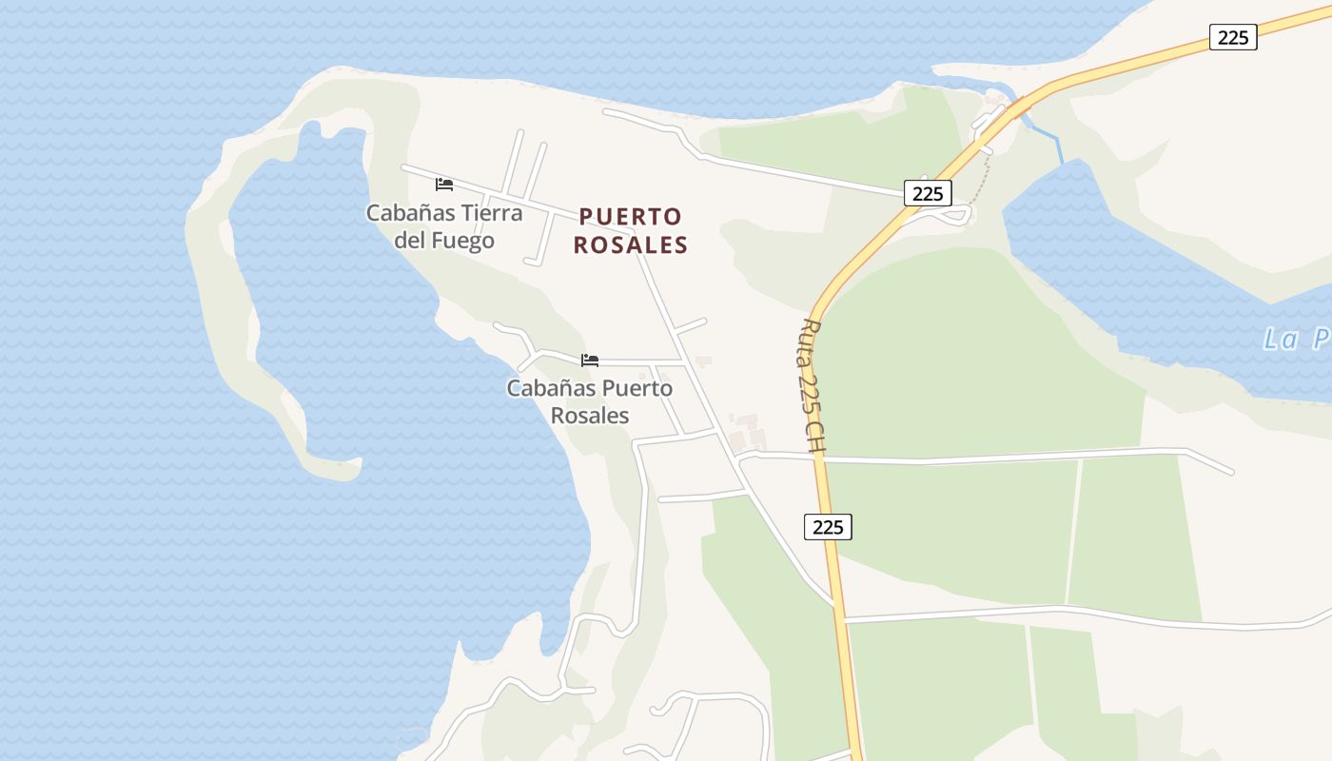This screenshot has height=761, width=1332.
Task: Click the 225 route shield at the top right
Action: point(1233,37)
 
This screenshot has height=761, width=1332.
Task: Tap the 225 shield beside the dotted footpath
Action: point(927,193)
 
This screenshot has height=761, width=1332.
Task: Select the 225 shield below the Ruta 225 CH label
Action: point(828,526)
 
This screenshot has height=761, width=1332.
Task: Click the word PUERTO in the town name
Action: point(630,217)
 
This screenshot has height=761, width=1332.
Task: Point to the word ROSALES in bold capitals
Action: point(630,244)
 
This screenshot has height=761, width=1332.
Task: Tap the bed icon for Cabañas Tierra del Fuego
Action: point(444,184)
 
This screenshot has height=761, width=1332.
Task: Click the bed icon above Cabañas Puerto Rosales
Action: point(590,360)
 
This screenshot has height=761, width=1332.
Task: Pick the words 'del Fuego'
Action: point(444,240)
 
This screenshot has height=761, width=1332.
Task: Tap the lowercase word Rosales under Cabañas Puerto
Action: point(590,416)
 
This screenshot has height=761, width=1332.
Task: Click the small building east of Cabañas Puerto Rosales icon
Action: point(703,361)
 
